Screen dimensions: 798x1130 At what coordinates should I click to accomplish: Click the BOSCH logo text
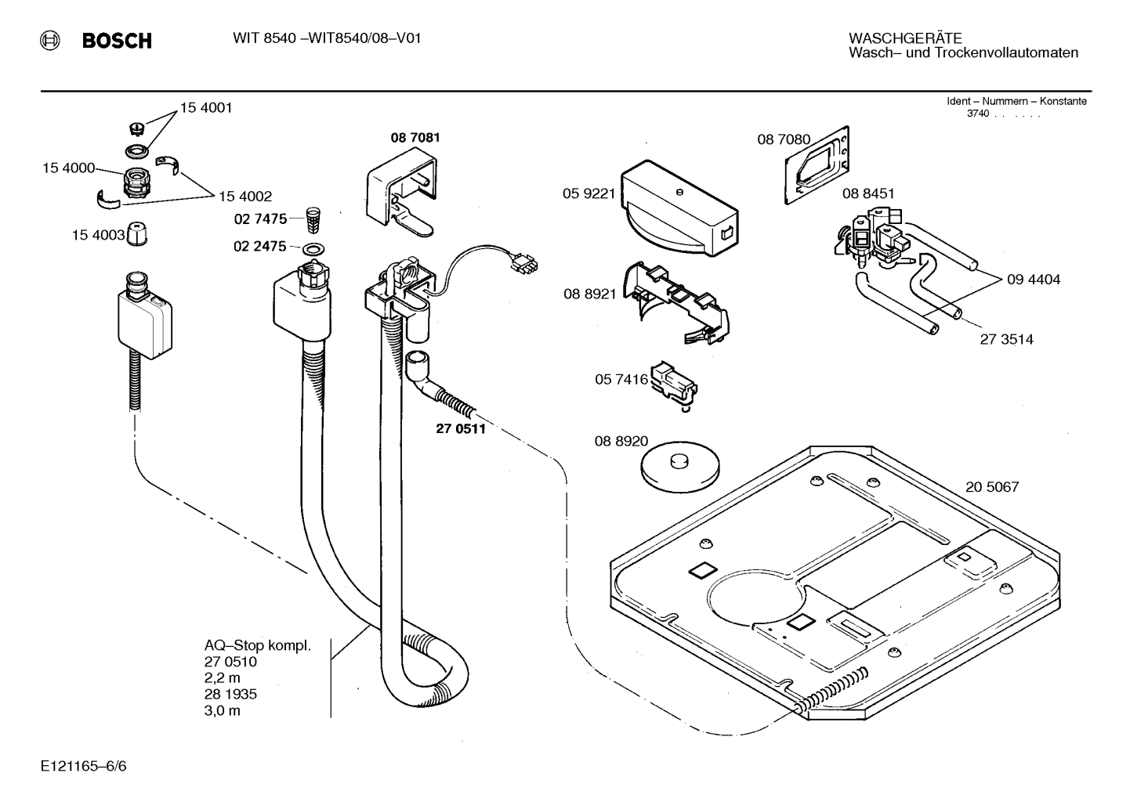(x=117, y=41)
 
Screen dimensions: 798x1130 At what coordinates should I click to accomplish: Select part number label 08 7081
(x=415, y=138)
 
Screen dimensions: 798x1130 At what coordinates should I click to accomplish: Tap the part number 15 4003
(x=98, y=234)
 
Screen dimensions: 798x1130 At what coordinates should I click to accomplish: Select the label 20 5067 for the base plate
(x=992, y=487)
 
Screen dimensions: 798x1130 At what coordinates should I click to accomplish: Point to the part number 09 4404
(x=1034, y=280)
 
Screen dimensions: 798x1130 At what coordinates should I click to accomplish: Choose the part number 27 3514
(x=1006, y=339)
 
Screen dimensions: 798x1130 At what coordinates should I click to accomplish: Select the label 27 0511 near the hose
(x=460, y=428)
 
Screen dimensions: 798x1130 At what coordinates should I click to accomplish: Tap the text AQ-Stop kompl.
(x=258, y=646)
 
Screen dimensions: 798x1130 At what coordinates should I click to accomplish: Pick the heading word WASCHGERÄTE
(x=905, y=38)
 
